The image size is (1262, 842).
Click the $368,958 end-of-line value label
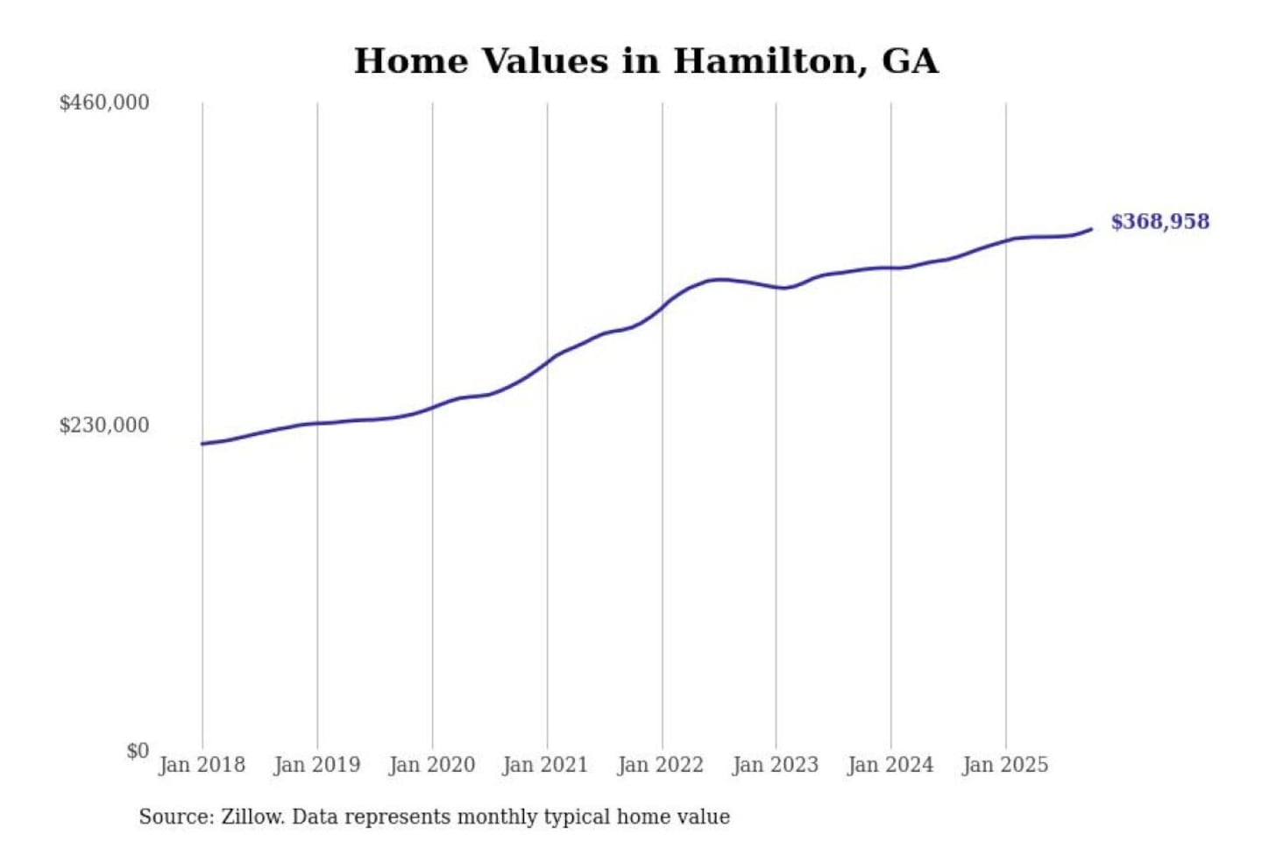point(1159,222)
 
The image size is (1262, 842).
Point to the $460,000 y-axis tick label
point(104,103)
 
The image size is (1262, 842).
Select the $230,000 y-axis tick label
point(104,425)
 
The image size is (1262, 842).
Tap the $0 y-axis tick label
point(138,751)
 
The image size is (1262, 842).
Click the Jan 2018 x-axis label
point(202,765)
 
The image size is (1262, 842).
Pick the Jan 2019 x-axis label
point(316,765)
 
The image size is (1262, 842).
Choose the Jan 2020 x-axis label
point(431,765)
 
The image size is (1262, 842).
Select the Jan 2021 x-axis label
point(545,765)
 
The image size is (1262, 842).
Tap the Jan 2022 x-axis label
point(660,765)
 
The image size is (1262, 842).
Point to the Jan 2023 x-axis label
point(775,765)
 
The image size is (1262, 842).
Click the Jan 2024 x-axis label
point(890,765)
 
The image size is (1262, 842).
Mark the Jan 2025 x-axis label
point(1004,765)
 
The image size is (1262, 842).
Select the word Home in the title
point(410,61)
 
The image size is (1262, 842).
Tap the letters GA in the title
point(910,61)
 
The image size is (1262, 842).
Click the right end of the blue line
point(1091,229)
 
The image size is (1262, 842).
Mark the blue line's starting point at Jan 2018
point(202,444)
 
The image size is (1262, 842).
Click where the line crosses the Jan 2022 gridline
point(663,308)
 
